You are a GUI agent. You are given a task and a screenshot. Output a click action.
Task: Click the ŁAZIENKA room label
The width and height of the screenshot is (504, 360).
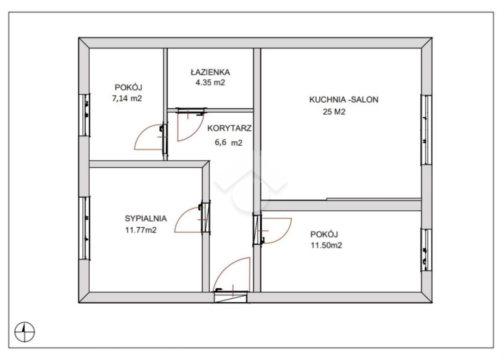tap(210, 72)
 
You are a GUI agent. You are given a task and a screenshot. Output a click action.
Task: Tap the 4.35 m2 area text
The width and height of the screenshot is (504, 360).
tap(210, 82)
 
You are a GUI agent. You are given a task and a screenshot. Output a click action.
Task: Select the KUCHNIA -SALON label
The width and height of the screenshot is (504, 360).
tap(344, 100)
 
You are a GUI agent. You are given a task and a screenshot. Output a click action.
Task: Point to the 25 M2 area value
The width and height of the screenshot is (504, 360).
tap(334, 112)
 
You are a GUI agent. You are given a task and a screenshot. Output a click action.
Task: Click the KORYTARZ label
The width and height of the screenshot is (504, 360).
tap(229, 128)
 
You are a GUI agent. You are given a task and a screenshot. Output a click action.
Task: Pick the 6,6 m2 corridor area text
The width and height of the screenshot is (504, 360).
tap(229, 143)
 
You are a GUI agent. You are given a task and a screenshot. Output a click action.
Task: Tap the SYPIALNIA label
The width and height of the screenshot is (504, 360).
tap(146, 218)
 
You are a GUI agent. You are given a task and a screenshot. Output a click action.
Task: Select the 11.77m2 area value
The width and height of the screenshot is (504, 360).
tap(141, 230)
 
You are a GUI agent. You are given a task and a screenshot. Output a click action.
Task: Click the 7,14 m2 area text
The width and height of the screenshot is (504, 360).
tap(127, 98)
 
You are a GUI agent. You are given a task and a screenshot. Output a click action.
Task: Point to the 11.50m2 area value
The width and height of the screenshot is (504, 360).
tap(326, 245)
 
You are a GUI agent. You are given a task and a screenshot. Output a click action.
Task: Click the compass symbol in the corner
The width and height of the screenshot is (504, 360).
tap(24, 332)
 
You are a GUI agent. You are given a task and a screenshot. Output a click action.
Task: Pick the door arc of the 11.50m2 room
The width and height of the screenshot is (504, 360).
tap(285, 236)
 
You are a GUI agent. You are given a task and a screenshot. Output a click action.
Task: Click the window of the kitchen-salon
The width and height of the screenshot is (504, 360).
tap(426, 130)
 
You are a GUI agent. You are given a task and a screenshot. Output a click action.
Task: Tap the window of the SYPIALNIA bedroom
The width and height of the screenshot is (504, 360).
tap(84, 228)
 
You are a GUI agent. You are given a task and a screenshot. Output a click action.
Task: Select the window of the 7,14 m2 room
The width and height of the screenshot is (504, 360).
tap(84, 115)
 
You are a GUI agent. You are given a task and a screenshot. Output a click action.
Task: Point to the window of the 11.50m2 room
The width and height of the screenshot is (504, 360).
tap(426, 250)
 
